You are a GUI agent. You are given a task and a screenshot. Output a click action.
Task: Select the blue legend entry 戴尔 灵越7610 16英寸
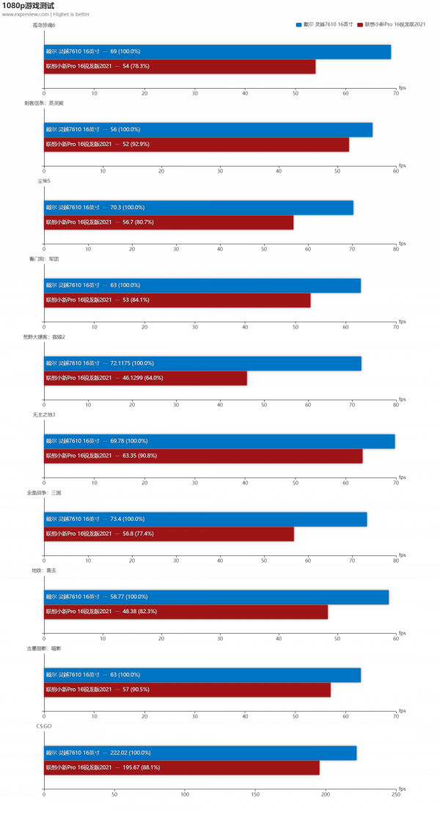(x=326, y=25)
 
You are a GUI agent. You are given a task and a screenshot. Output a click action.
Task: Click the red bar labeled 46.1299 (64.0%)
(x=145, y=378)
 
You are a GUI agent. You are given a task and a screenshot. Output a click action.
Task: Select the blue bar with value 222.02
(x=200, y=753)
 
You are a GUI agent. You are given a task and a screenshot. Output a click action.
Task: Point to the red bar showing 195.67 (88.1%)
(x=182, y=767)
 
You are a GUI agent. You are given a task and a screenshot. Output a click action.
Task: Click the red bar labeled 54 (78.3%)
(x=180, y=67)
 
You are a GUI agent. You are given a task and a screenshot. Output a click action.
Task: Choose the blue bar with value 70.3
(x=199, y=208)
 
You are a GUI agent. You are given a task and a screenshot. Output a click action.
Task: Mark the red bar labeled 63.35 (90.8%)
(x=203, y=456)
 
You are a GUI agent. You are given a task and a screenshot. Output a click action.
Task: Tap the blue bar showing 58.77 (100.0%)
(x=216, y=597)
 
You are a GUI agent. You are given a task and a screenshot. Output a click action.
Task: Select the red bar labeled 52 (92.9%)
(x=197, y=145)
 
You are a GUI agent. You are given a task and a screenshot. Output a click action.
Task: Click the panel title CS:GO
(x=43, y=726)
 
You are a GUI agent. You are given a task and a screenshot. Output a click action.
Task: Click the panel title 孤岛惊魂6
(x=44, y=26)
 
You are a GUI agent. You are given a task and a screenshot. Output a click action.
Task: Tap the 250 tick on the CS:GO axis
(x=396, y=794)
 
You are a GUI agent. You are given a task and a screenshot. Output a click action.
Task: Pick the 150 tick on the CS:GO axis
(x=255, y=794)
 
